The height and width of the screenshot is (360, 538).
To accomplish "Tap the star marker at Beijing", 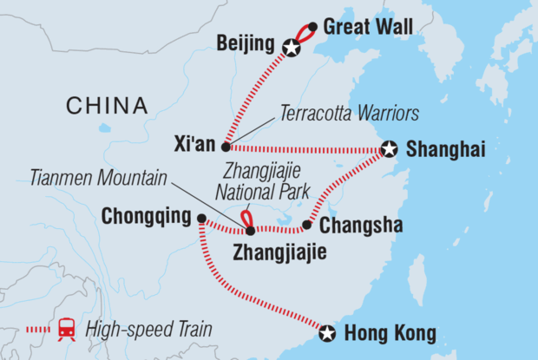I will click(292, 49).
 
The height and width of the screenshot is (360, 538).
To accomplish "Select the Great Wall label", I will click(362, 27).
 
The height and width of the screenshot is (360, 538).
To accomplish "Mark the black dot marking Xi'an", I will click(226, 147).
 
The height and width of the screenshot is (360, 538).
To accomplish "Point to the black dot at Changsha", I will click(306, 226).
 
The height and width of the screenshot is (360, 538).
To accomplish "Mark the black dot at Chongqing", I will click(201, 219).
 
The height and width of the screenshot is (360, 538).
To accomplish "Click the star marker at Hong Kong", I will click(326, 332).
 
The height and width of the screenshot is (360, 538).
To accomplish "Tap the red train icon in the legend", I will click(66, 329).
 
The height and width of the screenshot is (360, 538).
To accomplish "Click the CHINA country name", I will click(107, 106).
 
